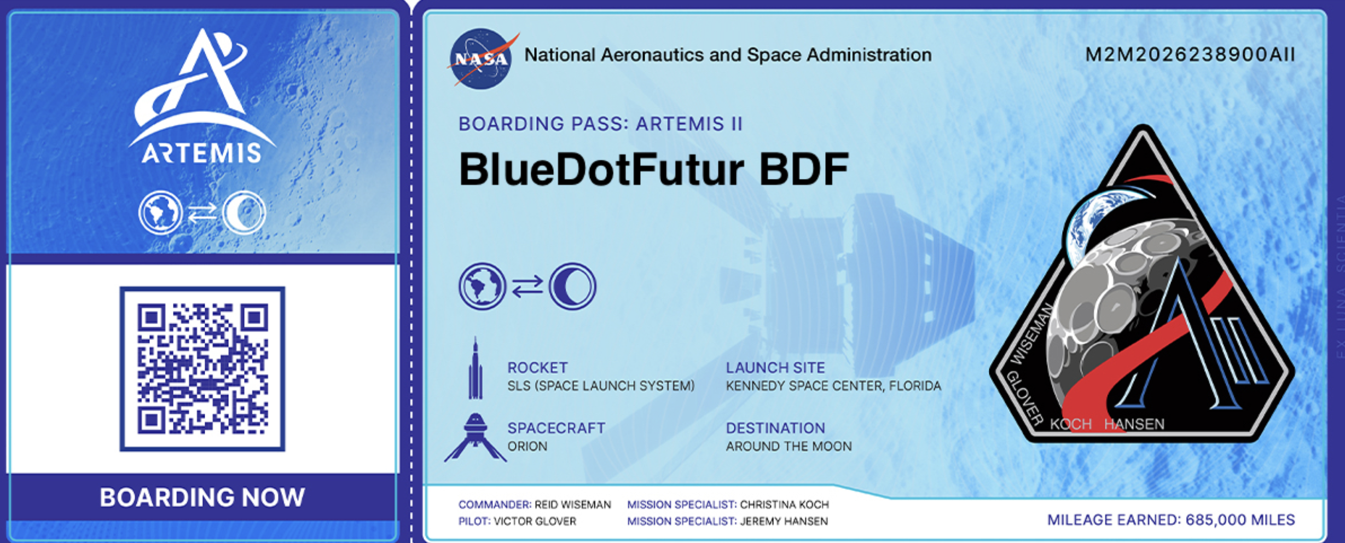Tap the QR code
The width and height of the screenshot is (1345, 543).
(202, 369)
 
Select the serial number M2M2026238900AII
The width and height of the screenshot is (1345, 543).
(1190, 55)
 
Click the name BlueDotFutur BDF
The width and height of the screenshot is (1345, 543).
(654, 169)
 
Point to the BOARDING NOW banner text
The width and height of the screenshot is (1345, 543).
(202, 498)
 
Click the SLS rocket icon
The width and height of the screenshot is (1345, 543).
(476, 368)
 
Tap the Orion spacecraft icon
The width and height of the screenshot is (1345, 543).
(476, 437)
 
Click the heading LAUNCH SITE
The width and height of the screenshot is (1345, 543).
(775, 368)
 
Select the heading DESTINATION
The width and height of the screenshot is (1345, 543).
(775, 428)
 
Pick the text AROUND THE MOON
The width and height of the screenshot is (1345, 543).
(789, 446)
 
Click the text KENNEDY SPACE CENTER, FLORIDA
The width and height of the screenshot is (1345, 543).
(833, 386)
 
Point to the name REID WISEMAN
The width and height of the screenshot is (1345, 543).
(573, 505)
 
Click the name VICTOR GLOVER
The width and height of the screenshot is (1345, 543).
(535, 521)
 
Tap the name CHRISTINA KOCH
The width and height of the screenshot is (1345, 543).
(785, 505)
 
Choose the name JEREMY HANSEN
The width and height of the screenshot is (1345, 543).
(784, 521)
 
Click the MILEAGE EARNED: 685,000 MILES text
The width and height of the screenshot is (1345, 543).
(1171, 519)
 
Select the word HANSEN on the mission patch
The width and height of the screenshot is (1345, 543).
(1134, 424)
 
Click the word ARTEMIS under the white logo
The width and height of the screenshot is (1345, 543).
(202, 153)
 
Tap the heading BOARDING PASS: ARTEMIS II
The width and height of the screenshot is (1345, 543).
(600, 124)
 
